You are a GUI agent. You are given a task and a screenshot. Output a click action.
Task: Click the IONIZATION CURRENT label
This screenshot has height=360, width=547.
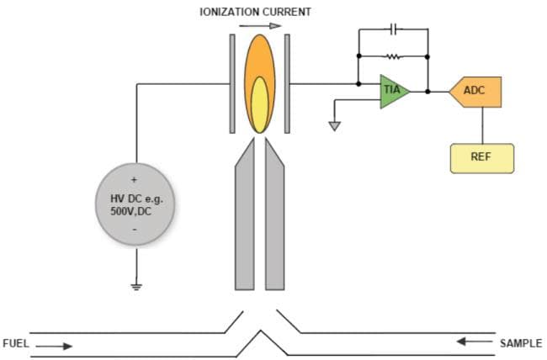[x=256, y=12]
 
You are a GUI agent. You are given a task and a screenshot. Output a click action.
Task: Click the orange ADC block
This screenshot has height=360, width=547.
[x=476, y=91]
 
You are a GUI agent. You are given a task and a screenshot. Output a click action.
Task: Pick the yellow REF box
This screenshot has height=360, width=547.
[x=481, y=157]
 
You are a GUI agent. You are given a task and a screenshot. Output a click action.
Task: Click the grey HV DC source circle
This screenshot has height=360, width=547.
[x=135, y=204]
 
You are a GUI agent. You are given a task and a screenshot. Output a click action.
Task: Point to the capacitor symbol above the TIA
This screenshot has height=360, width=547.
[x=394, y=29]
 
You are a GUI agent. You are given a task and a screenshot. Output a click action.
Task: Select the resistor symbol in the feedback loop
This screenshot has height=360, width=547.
[x=394, y=57]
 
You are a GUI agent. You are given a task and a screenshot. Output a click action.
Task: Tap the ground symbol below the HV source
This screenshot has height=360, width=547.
[x=135, y=287]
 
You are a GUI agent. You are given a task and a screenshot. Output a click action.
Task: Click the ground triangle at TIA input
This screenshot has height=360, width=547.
[x=335, y=126]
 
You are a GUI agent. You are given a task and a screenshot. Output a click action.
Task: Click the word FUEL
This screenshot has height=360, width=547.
[x=16, y=344]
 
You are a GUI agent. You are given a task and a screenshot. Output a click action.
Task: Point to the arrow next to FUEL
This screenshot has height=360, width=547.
[x=55, y=345]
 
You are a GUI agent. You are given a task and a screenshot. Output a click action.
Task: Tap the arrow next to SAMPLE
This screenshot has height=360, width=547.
[x=473, y=341]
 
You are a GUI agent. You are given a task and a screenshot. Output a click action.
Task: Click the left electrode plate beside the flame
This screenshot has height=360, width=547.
[x=232, y=84]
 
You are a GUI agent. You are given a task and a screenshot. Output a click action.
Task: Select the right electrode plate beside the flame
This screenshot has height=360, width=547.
[x=287, y=84]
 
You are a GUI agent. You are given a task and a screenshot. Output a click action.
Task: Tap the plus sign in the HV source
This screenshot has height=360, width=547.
[x=135, y=180]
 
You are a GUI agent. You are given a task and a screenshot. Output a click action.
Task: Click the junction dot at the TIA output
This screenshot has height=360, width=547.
[x=428, y=91]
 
